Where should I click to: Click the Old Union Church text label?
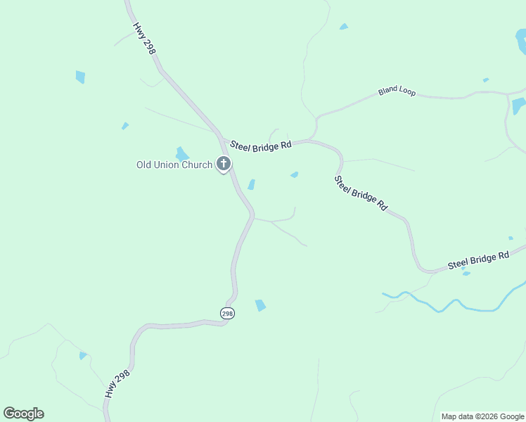click(x=174, y=165)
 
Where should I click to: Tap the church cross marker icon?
click(x=224, y=165)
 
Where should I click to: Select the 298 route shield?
click(x=227, y=314)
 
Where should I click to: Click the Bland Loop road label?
click(x=397, y=91)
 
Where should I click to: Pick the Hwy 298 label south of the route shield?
click(x=119, y=381)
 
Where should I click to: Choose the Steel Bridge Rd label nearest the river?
click(x=478, y=260)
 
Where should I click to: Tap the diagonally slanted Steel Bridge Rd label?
click(x=360, y=193)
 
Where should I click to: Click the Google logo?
click(x=23, y=414)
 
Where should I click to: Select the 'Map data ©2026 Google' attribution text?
click(x=482, y=416)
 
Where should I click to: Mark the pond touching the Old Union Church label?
click(x=182, y=153)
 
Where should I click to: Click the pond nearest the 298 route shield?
click(x=260, y=305)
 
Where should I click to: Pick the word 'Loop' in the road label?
click(x=407, y=90)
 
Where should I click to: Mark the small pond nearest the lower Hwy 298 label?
click(x=83, y=356)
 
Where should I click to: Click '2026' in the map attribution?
click(x=489, y=416)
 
